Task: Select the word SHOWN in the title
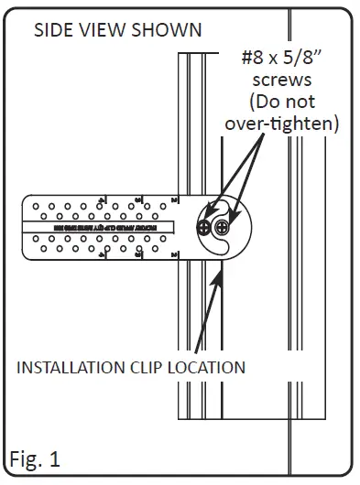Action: pyautogui.click(x=167, y=30)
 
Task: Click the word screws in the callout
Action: pyautogui.click(x=281, y=80)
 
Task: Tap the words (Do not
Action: pyautogui.click(x=281, y=101)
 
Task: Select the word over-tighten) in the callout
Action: pyautogui.click(x=281, y=123)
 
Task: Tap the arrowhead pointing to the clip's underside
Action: pyautogui.click(x=219, y=266)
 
